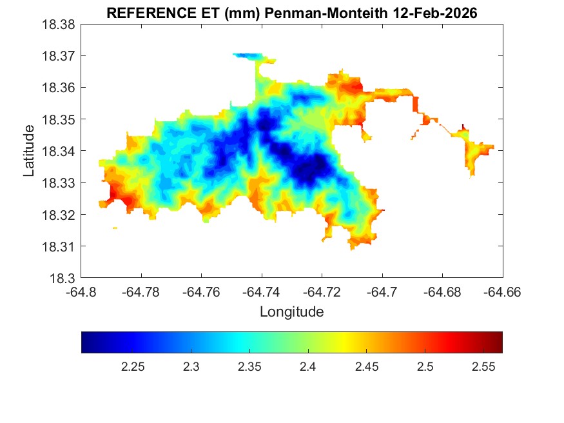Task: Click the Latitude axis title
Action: pos(29,151)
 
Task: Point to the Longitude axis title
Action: pos(291,312)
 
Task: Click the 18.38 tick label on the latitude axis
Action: pos(59,25)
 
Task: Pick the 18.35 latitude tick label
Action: pos(59,119)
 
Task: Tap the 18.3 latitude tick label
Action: pos(63,279)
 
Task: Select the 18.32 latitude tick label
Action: pos(59,215)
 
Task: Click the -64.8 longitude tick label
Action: pos(81,291)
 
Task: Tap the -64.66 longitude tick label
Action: pos(503,291)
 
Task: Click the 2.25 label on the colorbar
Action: pos(133,367)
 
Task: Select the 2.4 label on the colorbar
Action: pos(308,367)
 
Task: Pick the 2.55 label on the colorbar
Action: pos(483,367)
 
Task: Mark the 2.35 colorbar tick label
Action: pos(249,367)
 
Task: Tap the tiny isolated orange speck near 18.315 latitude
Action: pos(115,228)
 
